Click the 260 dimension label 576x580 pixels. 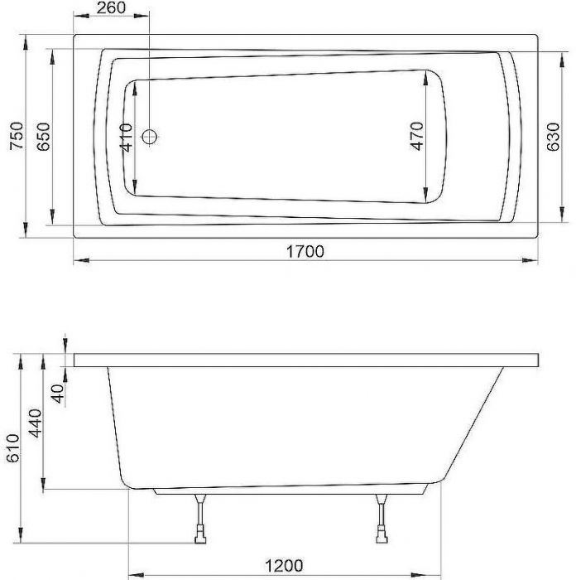click(111, 7)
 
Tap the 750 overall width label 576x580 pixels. click(17, 136)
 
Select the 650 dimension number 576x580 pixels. click(44, 137)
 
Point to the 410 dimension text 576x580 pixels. click(127, 138)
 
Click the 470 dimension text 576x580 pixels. click(417, 136)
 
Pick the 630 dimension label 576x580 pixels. click(553, 137)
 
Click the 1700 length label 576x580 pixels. click(305, 252)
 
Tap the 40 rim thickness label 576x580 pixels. click(58, 394)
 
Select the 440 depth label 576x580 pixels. click(36, 423)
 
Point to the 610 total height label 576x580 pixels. click(13, 448)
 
